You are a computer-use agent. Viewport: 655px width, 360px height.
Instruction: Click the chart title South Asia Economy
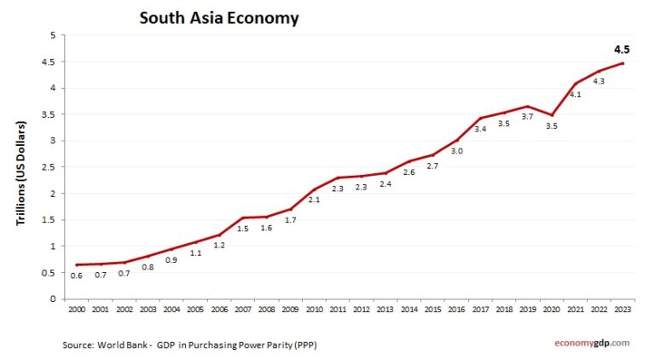point(219,17)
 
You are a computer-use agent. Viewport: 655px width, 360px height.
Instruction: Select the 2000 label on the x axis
point(76,308)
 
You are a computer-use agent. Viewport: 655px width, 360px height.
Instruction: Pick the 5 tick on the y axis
point(51,36)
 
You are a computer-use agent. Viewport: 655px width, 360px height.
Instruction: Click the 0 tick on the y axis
point(51,299)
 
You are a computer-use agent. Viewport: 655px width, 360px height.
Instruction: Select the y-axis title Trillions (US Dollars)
point(22,173)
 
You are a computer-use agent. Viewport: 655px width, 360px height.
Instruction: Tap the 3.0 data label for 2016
point(458,151)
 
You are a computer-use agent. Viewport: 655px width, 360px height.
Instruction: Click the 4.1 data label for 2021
point(576,95)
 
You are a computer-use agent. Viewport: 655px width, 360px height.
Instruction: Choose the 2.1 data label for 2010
point(315,200)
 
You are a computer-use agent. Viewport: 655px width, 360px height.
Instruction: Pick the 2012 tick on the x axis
point(362,308)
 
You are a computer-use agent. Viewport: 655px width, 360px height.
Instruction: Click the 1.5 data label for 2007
point(243,229)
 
